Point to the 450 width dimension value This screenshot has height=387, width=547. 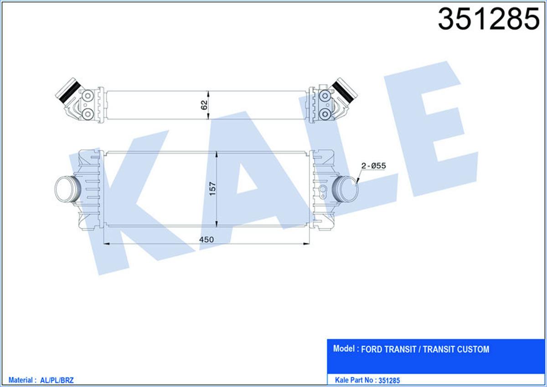tap(206, 239)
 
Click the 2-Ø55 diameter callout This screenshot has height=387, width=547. tap(373, 166)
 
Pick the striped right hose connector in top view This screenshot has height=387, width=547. tap(345, 89)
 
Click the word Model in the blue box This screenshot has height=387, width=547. tap(344, 349)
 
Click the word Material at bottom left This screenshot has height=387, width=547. tap(21, 380)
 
